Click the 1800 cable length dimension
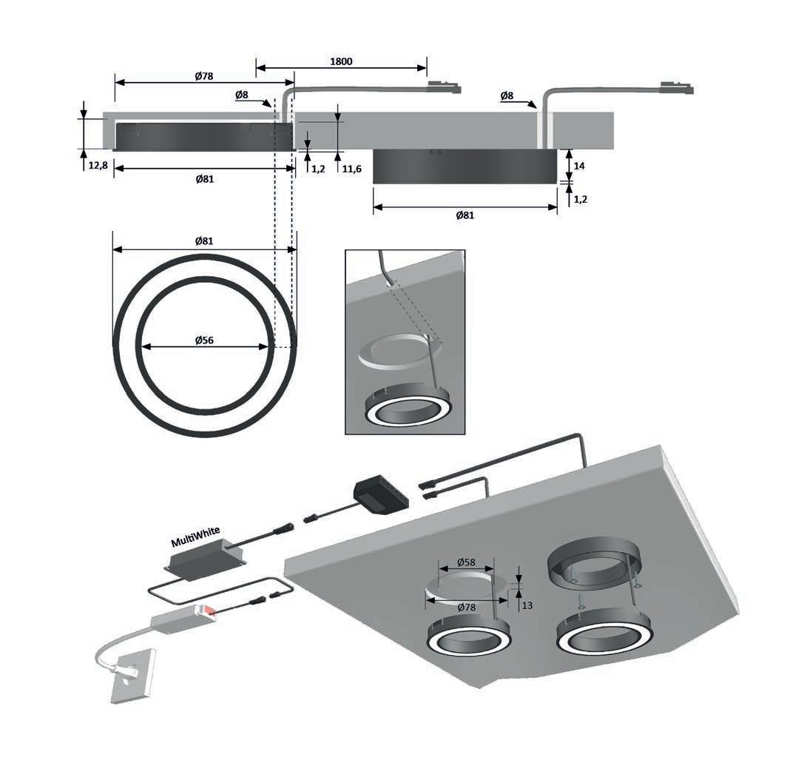(341, 61)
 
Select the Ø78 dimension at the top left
(204, 76)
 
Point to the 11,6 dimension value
(352, 169)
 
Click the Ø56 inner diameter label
(205, 340)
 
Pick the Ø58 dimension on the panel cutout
(465, 563)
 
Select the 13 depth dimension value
(527, 606)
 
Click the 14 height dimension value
(579, 167)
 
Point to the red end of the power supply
(210, 611)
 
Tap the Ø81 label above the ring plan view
(205, 241)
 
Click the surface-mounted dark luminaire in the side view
(464, 167)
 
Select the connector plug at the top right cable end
(679, 89)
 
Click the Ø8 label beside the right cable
(507, 96)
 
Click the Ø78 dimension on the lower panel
(466, 607)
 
